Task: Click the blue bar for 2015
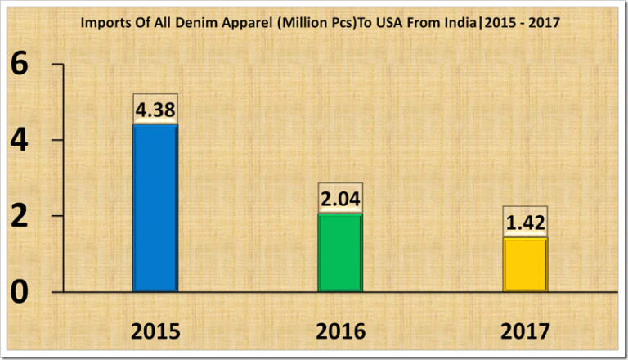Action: (155, 208)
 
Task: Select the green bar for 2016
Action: (340, 252)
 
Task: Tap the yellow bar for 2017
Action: (525, 264)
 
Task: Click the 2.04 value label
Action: (340, 199)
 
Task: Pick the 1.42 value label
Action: (525, 223)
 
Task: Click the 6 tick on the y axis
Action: (25, 65)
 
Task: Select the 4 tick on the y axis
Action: (25, 140)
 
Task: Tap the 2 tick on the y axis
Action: (25, 216)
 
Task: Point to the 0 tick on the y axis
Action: (25, 292)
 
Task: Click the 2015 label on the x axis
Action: (155, 331)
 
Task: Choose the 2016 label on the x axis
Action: (340, 331)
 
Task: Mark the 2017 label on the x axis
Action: (525, 331)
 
